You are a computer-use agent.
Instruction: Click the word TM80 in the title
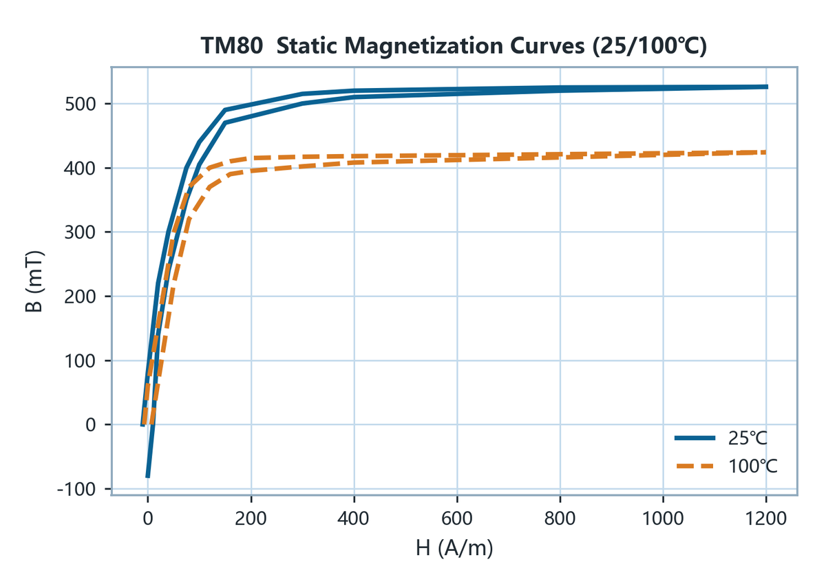232,46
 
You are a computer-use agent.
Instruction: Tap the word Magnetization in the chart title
423,47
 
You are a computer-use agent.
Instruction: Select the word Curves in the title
547,47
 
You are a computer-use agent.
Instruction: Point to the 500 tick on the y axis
81,105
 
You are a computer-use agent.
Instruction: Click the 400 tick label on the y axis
81,169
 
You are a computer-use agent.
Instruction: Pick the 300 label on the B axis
81,232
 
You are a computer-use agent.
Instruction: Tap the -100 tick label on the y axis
76,490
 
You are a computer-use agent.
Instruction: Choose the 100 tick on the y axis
81,361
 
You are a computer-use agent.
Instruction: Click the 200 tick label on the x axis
251,519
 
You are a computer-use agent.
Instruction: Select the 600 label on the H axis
457,519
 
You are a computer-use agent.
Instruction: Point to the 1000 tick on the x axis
663,519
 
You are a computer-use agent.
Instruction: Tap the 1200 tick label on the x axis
766,519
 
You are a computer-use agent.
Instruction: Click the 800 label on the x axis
560,519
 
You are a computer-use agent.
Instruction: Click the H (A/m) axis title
454,548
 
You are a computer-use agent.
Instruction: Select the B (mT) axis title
34,281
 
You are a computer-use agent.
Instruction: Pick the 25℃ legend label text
748,439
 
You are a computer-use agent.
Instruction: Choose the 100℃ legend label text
753,466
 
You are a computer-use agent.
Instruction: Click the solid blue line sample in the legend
695,438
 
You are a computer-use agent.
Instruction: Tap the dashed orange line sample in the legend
695,466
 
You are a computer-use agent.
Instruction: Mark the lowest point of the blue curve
147,477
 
